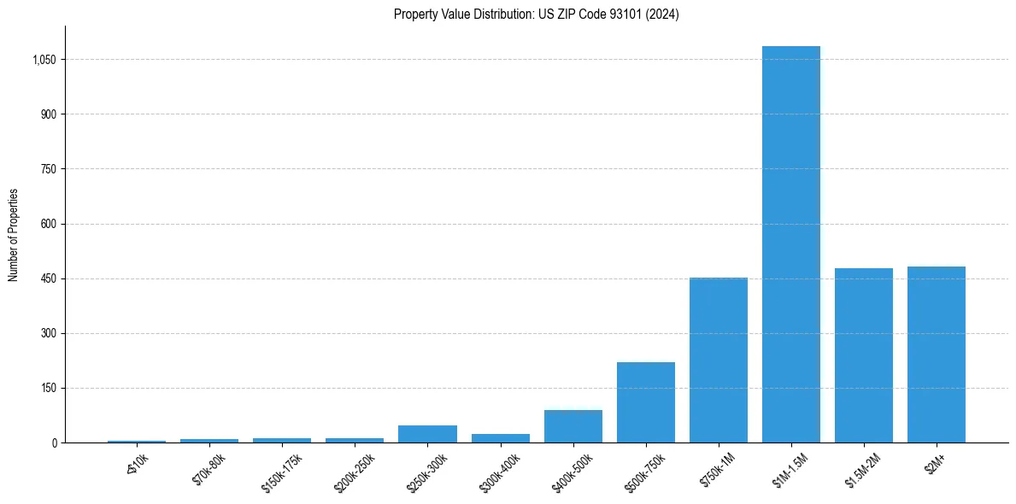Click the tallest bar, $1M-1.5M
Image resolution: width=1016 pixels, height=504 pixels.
[x=790, y=244]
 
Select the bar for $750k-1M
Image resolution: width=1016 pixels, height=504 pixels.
[x=718, y=360]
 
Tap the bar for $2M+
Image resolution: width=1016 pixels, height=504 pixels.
[x=936, y=355]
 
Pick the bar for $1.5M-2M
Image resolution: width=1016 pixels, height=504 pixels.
[x=863, y=355]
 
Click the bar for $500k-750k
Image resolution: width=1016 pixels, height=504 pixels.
[x=645, y=402]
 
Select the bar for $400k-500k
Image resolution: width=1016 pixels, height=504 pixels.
[x=573, y=426]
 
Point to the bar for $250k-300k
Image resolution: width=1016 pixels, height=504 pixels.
[x=427, y=434]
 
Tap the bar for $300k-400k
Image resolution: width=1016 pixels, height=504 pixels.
[x=500, y=438]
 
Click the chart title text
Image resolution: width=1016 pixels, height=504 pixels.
[x=536, y=14]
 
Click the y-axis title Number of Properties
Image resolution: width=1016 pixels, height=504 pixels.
[x=14, y=234]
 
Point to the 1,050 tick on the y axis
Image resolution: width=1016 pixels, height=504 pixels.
[x=44, y=60]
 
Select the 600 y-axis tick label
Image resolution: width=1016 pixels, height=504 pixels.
[x=49, y=224]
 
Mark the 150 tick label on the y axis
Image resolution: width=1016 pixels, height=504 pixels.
[x=49, y=388]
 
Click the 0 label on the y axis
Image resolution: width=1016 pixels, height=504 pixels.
[x=54, y=442]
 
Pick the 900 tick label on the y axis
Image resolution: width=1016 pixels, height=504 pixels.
[x=49, y=114]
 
